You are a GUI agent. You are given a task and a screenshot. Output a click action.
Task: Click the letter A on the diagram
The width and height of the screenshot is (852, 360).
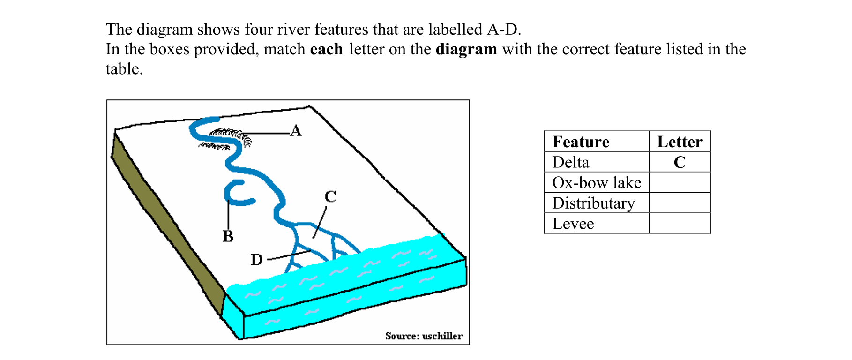(296, 131)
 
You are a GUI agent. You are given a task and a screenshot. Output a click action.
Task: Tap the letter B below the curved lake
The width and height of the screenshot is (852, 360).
(228, 236)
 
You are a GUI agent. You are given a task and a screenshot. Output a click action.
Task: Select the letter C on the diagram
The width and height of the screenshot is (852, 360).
(330, 196)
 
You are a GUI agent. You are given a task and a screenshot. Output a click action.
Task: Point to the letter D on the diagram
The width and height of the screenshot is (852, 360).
(256, 259)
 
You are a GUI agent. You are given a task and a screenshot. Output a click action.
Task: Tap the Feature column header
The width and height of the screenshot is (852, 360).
(581, 142)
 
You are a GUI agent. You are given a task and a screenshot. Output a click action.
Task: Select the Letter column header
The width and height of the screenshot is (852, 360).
(680, 142)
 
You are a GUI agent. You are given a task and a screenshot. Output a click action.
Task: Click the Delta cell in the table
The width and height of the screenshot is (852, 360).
(570, 162)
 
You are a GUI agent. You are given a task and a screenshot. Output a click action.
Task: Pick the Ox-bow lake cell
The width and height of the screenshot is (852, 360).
(596, 182)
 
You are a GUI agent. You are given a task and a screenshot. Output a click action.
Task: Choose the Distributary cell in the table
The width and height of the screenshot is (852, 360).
(593, 203)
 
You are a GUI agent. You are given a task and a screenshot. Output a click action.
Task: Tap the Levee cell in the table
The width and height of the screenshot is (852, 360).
(573, 224)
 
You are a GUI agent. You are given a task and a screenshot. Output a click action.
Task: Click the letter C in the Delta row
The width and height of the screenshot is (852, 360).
(680, 162)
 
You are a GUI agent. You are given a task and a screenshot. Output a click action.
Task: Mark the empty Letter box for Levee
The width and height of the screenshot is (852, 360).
(680, 224)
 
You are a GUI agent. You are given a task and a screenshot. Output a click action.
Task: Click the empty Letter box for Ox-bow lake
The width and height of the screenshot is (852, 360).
(680, 182)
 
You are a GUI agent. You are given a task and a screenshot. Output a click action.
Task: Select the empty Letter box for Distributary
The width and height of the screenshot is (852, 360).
(680, 203)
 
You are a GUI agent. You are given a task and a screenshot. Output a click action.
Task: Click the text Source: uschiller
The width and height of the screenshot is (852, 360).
(424, 336)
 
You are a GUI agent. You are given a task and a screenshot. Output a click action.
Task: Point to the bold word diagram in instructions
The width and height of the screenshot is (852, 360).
(466, 49)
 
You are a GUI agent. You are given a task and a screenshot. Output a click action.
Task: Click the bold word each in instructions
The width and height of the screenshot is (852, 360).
(326, 49)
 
